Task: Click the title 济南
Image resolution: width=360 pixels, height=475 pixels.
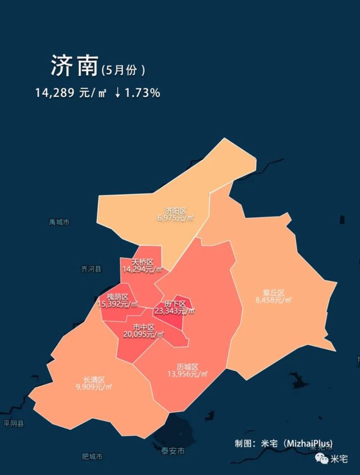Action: coord(74,66)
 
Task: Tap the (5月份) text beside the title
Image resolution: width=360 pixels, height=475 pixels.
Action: coord(124,70)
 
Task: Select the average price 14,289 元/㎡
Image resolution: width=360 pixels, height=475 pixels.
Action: coord(71,93)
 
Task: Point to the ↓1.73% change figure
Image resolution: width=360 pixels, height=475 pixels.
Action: coord(137,93)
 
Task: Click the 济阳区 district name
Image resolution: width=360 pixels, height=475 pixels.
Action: coord(176,211)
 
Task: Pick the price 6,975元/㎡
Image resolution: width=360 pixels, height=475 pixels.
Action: coord(176,218)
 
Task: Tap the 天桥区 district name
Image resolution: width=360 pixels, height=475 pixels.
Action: coord(142,262)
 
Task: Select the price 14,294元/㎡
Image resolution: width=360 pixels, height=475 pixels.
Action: coord(142,269)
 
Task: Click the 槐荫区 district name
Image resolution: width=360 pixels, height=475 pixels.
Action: coord(117,297)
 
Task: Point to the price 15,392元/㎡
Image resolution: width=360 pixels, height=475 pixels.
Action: coord(117,304)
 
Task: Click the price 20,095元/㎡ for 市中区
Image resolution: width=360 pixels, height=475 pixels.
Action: coord(144,334)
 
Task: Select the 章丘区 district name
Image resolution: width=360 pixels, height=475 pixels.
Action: coord(274,293)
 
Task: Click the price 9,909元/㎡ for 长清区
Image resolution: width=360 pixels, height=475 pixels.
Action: coord(94,387)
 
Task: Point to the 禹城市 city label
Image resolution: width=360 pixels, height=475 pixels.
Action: coord(59,222)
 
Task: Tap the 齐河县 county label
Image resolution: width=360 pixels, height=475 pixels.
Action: coord(91,269)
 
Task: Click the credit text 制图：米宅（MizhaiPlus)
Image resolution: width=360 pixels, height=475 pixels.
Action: coord(284,443)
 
